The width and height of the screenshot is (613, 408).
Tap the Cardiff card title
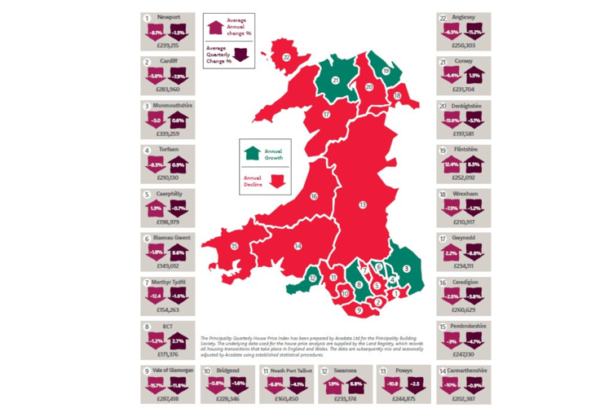click(x=168, y=62)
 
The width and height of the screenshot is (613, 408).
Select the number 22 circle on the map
click(x=286, y=58)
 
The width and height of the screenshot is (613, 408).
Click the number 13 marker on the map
click(x=363, y=204)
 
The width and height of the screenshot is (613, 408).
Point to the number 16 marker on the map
click(x=314, y=196)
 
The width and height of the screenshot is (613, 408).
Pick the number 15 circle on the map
click(x=234, y=246)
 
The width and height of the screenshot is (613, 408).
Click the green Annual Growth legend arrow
click(x=252, y=152)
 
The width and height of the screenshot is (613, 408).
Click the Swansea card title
click(x=352, y=371)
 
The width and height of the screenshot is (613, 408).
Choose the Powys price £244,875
click(x=405, y=399)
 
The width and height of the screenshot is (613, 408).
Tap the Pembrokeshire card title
click(x=468, y=326)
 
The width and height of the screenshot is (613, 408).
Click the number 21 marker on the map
click(x=336, y=81)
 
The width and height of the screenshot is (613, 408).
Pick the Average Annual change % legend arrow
click(x=215, y=27)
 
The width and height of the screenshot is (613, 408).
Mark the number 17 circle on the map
click(x=326, y=115)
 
